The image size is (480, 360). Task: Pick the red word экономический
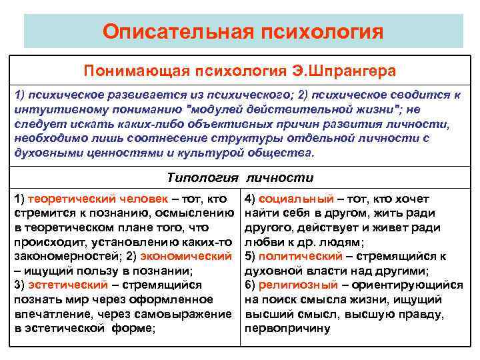pyautogui.click(x=189, y=256)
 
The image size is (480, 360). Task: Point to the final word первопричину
pyautogui.click(x=287, y=329)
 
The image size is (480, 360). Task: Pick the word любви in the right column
pyautogui.click(x=263, y=241)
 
